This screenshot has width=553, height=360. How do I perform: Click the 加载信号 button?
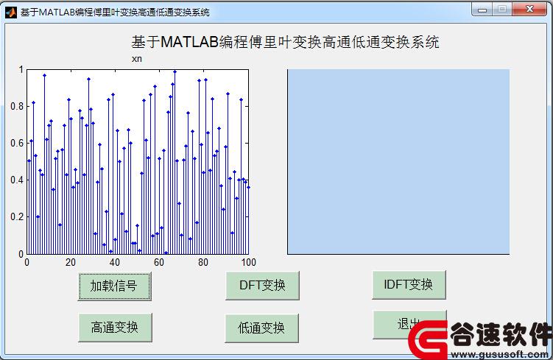click(x=115, y=286)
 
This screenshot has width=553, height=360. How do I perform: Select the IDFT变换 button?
click(x=409, y=285)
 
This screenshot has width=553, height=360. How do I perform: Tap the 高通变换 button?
click(x=115, y=327)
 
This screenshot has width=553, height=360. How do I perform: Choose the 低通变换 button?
click(x=261, y=328)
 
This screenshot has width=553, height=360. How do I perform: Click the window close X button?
click(x=529, y=9)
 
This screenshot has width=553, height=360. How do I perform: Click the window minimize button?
click(x=482, y=10)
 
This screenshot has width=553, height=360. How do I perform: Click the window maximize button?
click(x=502, y=9)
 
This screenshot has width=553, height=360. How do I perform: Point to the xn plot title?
click(x=137, y=59)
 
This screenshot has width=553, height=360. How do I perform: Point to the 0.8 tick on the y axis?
click(x=17, y=106)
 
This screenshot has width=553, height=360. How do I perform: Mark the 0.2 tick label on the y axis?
click(x=17, y=217)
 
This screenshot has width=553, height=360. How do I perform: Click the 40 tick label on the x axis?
click(x=115, y=262)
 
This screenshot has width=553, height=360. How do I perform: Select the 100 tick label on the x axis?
click(x=249, y=262)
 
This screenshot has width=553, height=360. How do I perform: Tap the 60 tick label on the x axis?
click(x=159, y=262)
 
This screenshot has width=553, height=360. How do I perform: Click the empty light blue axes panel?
click(x=398, y=161)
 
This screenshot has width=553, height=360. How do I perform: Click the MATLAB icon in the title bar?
click(x=11, y=13)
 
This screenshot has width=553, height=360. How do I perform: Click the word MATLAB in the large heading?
click(x=190, y=42)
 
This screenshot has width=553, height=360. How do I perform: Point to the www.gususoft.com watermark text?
click(x=500, y=354)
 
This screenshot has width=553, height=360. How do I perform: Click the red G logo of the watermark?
click(x=428, y=339)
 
